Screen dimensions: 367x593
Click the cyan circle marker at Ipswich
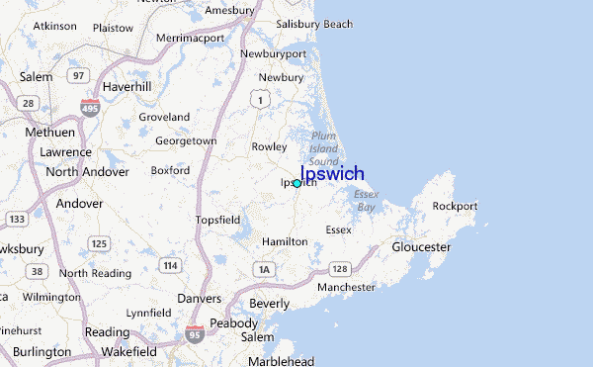(x=296, y=183)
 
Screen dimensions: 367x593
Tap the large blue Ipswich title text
(x=332, y=173)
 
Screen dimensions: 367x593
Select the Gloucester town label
(x=421, y=246)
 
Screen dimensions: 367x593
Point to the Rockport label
(x=455, y=207)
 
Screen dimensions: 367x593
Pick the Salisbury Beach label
(x=314, y=24)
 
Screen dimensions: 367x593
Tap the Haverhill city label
(x=126, y=86)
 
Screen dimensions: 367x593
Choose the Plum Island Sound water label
(x=323, y=148)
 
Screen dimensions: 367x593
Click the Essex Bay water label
(x=366, y=201)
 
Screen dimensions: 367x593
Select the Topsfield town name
(x=217, y=220)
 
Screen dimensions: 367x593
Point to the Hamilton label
(x=285, y=241)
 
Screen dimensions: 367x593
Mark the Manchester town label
(x=346, y=287)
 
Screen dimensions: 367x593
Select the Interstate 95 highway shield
(x=195, y=336)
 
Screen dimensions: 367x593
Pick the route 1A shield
(x=263, y=268)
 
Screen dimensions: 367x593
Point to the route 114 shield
(x=171, y=264)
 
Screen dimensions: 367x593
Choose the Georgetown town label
(x=186, y=141)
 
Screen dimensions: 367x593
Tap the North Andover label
(x=89, y=171)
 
